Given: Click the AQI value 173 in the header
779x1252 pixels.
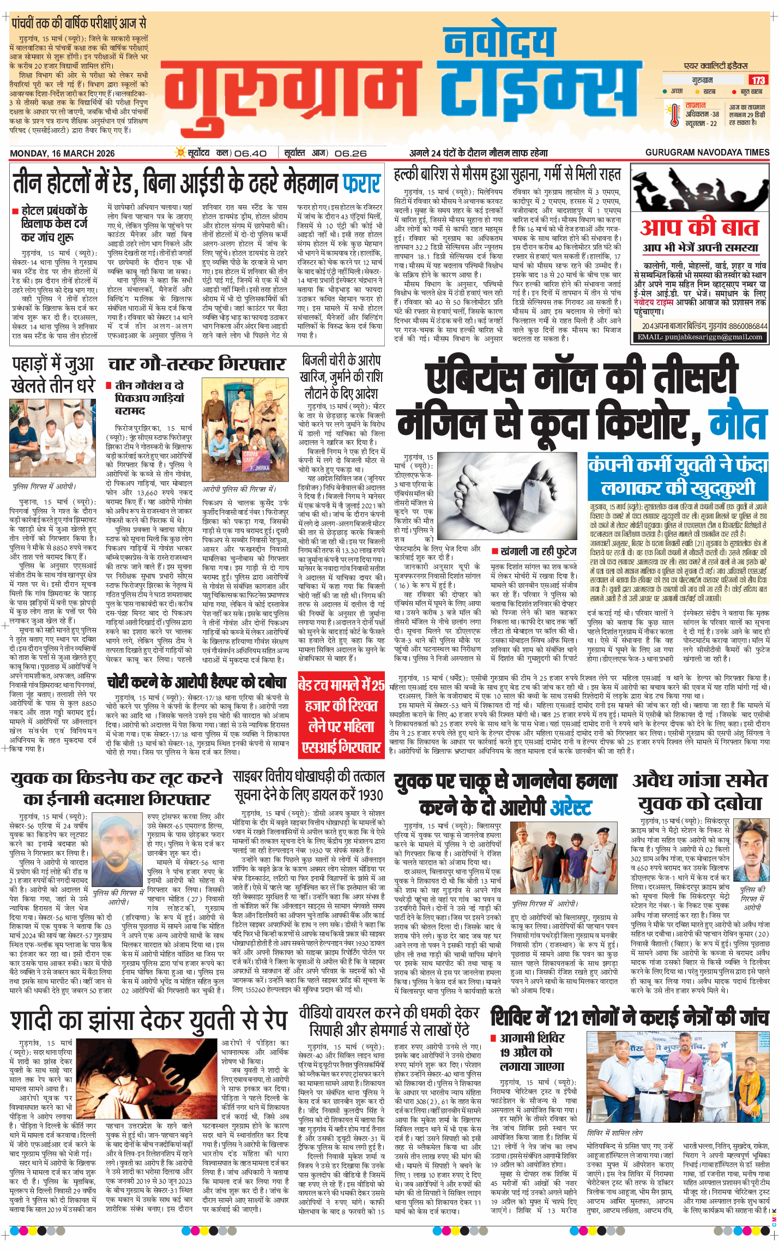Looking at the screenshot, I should [x=758, y=80].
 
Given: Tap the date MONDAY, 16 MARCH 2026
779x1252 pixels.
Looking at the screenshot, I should [x=62, y=153].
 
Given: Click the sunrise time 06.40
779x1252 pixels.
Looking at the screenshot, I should [x=250, y=153].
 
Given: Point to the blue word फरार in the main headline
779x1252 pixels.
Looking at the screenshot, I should [x=361, y=184].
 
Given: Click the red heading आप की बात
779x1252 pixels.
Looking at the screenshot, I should [x=699, y=227].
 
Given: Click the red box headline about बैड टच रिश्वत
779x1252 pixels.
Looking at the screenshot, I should [x=341, y=716].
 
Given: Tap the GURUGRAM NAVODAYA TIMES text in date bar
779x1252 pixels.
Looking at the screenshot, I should [x=707, y=153].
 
